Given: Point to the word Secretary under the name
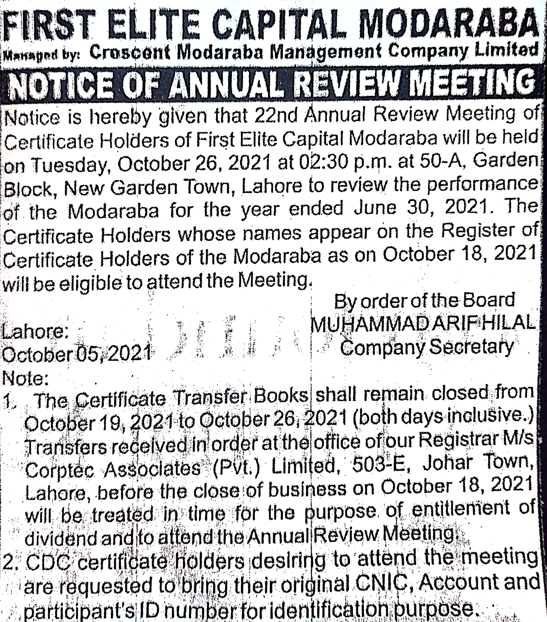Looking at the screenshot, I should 472,347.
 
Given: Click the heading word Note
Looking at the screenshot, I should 24,379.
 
